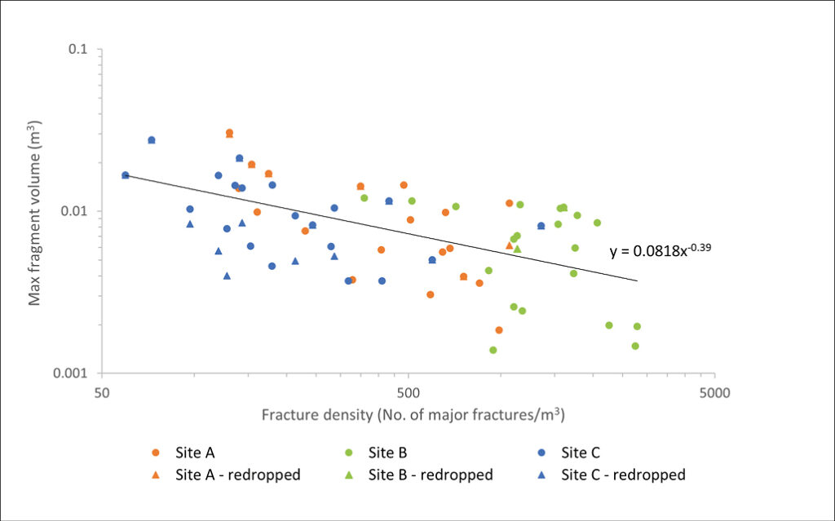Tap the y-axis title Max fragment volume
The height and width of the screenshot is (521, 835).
(35, 212)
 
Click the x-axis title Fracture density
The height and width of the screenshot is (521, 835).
(413, 415)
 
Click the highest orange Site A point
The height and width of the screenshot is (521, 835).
(229, 132)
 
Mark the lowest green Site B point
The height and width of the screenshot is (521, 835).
(493, 350)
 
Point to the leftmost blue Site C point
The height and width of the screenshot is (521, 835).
(125, 175)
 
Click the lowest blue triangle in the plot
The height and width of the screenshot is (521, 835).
(227, 276)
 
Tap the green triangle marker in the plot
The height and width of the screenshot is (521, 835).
(517, 249)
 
